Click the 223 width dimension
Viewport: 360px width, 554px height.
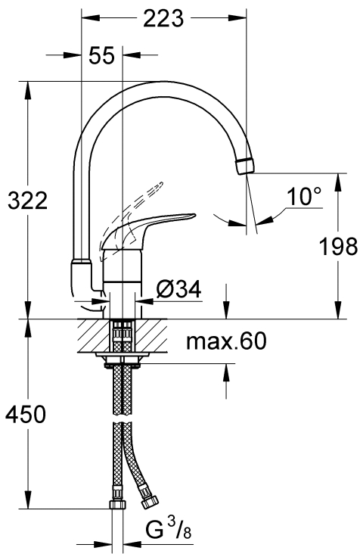pyautogui.click(x=163, y=18)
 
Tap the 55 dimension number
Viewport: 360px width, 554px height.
pyautogui.click(x=101, y=55)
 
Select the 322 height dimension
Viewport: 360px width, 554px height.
pyautogui.click(x=27, y=201)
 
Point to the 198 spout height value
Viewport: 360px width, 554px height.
pyautogui.click(x=338, y=246)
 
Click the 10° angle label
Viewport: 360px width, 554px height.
pyautogui.click(x=304, y=197)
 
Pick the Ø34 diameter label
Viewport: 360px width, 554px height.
pyautogui.click(x=178, y=289)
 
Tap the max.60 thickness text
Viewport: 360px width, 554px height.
pyautogui.click(x=227, y=341)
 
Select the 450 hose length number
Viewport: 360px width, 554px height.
pyautogui.click(x=26, y=414)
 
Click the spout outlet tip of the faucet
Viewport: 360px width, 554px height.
pyautogui.click(x=245, y=166)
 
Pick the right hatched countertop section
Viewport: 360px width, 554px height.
pyautogui.click(x=151, y=335)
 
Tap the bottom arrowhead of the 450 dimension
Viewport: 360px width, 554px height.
pyautogui.click(x=28, y=501)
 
